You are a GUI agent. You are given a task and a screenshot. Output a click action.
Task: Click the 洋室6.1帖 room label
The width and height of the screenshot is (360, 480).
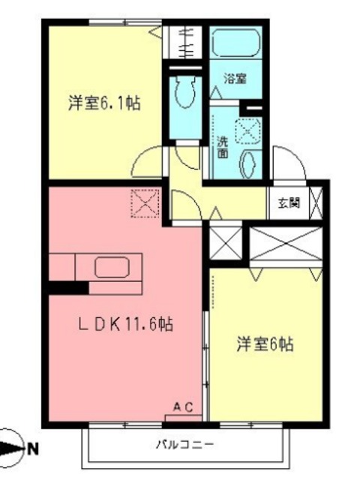tap(104, 103)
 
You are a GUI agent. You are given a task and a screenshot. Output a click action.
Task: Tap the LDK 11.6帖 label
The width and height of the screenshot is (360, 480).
tap(125, 324)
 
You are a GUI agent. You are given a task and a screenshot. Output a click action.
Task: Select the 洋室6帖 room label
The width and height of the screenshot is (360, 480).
tap(265, 343)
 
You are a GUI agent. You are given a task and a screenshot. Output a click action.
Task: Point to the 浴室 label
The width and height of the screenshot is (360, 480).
tap(235, 79)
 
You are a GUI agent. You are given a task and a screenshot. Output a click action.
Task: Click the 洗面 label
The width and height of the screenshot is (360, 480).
tap(223, 147)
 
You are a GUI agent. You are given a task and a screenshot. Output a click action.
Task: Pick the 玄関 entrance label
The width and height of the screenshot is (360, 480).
tap(289, 202)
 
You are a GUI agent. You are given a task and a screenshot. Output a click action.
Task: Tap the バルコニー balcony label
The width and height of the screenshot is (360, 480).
tap(185, 445)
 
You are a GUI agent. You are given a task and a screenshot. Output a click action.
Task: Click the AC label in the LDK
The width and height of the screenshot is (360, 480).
tap(183, 407)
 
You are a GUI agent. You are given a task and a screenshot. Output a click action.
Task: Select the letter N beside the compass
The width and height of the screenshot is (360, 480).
tap(33, 449)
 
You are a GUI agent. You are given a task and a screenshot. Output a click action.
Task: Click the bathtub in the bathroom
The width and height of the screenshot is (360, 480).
tap(235, 43)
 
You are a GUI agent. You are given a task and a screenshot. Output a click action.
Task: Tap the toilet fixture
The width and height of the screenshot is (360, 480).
tap(185, 91)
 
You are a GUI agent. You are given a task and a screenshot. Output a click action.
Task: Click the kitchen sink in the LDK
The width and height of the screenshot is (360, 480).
tap(112, 267)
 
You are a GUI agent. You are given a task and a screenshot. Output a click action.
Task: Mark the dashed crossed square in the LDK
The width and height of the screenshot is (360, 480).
tap(145, 203)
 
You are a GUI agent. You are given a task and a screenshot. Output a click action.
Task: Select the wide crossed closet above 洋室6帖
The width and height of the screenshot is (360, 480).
tap(286, 244)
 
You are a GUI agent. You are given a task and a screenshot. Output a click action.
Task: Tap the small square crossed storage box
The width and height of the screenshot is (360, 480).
tap(226, 243)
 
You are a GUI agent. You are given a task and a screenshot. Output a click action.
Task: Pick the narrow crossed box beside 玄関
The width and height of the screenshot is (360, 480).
tap(316, 202)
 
